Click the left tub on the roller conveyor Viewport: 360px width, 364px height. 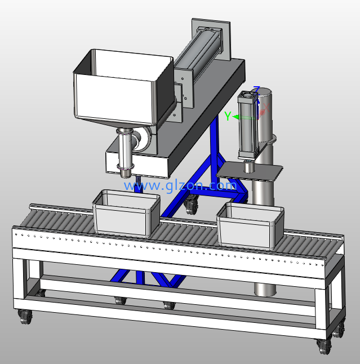tap(126, 213)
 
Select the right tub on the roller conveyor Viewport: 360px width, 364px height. tap(250, 225)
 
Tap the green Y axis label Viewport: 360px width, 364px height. tap(228, 116)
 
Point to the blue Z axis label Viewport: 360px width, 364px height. tap(256, 89)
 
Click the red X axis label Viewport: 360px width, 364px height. tap(266, 108)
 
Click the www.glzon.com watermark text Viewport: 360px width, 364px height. tap(180, 186)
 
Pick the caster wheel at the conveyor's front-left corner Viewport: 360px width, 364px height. tap(25, 317)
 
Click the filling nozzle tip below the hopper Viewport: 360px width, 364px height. tap(125, 174)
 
